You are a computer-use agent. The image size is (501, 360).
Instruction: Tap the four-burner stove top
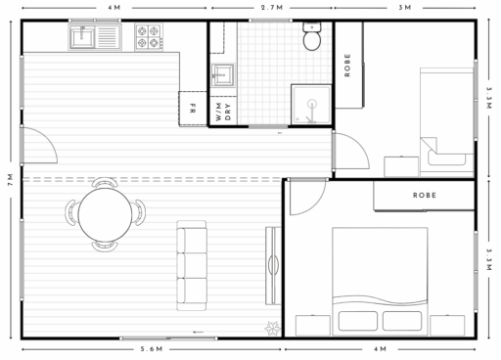149,37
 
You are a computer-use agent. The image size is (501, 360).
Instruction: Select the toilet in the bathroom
312,36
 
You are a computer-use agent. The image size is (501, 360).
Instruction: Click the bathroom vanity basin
223,75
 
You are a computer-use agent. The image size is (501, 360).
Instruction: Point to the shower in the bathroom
311,105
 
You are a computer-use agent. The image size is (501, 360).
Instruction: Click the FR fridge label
193,109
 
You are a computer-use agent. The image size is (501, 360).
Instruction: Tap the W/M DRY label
223,112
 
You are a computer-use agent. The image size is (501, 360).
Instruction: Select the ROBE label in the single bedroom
347,66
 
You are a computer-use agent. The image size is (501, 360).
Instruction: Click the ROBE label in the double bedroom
425,196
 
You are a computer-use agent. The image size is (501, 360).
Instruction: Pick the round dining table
105,214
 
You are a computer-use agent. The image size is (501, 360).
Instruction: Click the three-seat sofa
192,265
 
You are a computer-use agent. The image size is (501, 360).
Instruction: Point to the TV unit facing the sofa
273,265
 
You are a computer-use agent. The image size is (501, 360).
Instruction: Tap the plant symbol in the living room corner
272,328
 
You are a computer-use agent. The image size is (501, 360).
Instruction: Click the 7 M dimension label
11,180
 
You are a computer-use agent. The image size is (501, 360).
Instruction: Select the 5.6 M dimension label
152,349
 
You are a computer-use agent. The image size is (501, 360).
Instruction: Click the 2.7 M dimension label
272,8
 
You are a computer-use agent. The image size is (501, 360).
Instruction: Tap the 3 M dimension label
405,8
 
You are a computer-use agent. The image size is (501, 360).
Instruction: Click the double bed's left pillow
358,321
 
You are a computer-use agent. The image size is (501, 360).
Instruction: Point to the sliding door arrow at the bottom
198,333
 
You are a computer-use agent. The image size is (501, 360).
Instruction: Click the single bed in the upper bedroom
446,122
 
